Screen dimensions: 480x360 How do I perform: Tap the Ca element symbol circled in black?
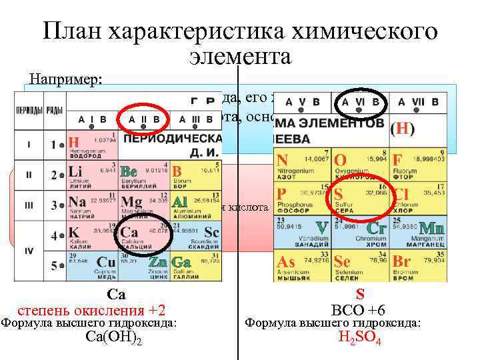129,232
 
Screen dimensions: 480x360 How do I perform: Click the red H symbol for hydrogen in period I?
74,142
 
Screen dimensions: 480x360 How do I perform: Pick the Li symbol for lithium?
75,172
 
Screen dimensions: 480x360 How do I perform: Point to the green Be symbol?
129,172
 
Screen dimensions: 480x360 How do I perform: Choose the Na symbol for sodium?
77,201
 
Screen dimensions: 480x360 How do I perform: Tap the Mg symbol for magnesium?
131,201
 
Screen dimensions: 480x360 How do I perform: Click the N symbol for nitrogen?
282,161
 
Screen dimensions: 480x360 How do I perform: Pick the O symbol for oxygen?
340,161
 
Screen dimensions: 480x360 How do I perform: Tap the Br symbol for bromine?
401,261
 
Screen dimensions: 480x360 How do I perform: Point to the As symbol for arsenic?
287,261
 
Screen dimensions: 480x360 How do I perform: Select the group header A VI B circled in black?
360,102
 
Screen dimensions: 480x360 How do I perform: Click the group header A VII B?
418,102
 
